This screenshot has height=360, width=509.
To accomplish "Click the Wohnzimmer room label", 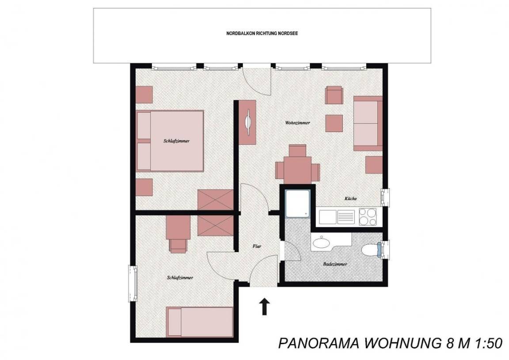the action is coord(297,123).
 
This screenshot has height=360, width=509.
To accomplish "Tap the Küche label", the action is coord(350,198).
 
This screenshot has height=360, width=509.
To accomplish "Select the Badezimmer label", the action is coord(335,264).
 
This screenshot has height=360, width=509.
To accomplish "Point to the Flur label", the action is coord(257,246).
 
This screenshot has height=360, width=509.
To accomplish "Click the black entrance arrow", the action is coord(265,307).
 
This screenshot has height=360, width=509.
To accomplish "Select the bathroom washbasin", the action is coord(321,242).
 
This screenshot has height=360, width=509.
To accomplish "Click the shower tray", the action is coord(298,204).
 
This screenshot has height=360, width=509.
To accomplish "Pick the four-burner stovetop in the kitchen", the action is coord(368,216).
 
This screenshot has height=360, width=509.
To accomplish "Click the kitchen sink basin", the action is coord(328,216).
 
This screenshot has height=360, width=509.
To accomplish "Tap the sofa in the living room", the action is coord(368,123).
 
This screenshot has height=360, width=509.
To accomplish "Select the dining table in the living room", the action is coord(298,170).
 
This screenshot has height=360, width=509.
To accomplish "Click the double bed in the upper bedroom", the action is coord(170,141).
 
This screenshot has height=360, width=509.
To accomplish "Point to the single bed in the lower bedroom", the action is coord(200,322).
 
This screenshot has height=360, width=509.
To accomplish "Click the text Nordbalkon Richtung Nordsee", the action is coord(262,34).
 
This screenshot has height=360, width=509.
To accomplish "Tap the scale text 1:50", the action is coord(489,344).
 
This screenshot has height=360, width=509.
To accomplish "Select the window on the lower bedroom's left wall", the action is coord(133,284).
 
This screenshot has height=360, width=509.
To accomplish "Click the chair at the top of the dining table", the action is coord(298,150).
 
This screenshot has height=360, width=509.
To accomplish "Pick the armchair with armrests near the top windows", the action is coord(334,95).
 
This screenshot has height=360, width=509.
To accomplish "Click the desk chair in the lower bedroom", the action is coord(178,246).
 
